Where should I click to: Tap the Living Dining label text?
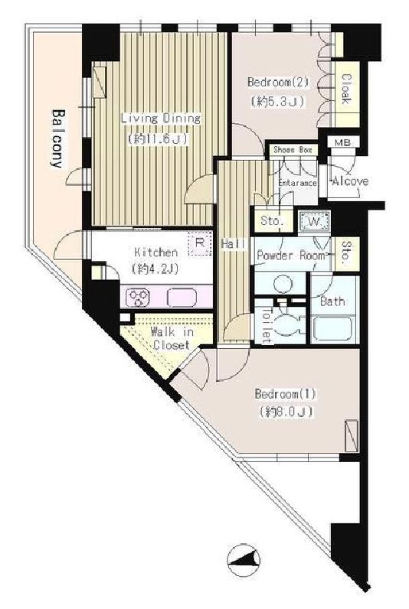(161, 119)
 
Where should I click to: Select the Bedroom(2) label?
(278, 83)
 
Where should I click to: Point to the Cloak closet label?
(345, 89)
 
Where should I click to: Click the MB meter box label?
(342, 142)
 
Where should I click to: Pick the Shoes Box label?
(293, 150)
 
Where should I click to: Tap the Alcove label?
(350, 181)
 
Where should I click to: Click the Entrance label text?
(298, 183)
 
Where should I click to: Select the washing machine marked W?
(314, 222)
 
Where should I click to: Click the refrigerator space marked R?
(200, 243)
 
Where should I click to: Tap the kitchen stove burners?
(138, 298)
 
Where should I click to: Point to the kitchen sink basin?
(182, 298)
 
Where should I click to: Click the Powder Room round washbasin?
(283, 284)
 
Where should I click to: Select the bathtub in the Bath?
(334, 329)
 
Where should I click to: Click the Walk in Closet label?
(172, 339)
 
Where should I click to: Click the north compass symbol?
(244, 560)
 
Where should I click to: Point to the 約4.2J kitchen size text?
(155, 268)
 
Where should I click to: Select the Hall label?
(234, 244)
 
